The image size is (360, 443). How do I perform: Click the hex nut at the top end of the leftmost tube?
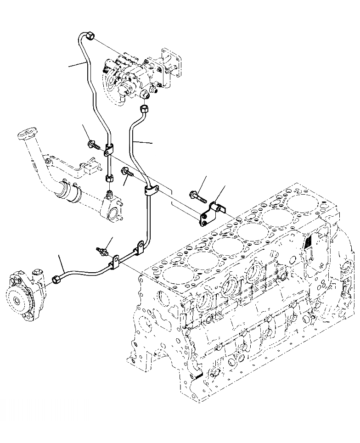(x=89, y=36)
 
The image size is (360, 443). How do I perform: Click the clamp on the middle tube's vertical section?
(x=151, y=190)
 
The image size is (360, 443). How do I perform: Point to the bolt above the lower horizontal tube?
(x=102, y=250)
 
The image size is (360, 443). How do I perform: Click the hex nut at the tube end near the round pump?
(x=58, y=278)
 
